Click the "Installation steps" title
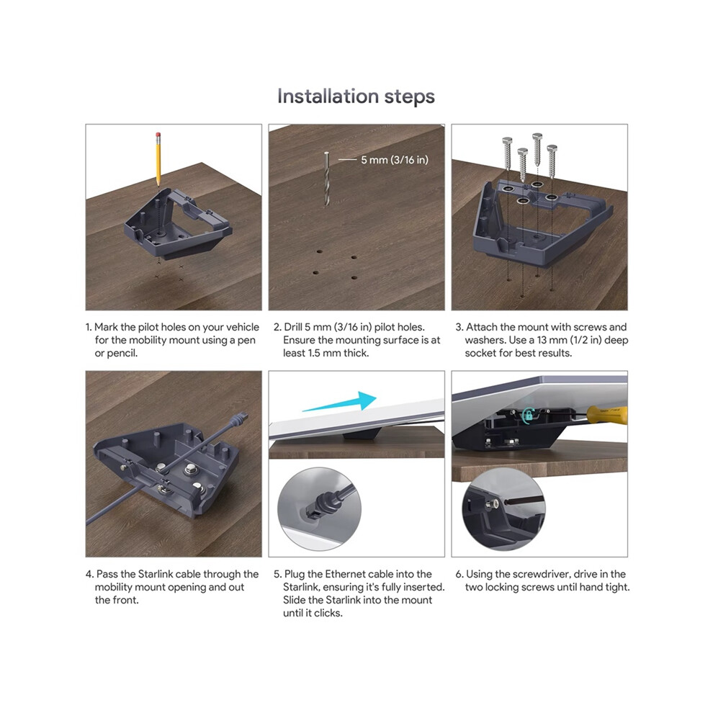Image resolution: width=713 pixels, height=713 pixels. click(356, 97)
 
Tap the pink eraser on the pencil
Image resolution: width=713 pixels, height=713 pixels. click(158, 135)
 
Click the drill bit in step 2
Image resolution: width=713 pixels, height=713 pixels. click(326, 179)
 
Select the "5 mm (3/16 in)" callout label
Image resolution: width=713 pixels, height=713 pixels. click(395, 160)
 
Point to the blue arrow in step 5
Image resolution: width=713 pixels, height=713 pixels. click(340, 402)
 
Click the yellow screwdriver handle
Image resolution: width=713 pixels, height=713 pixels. click(607, 415)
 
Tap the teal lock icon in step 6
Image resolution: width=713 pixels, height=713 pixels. click(528, 415)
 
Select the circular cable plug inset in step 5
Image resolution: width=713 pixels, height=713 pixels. click(319, 509)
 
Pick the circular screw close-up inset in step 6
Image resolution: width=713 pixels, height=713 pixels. click(503, 509)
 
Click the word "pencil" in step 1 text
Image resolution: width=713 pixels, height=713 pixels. click(122, 354)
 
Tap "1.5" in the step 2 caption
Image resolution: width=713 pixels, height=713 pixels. click(314, 354)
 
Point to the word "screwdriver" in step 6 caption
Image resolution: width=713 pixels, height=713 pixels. click(542, 574)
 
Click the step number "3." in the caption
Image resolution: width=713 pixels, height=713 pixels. click(459, 327)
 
